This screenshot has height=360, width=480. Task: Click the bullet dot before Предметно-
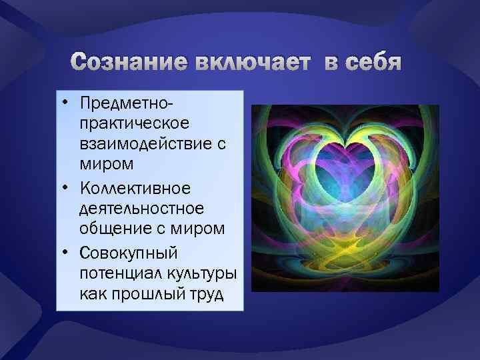tap(69, 104)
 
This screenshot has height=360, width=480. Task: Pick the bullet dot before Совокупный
tap(69, 253)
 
